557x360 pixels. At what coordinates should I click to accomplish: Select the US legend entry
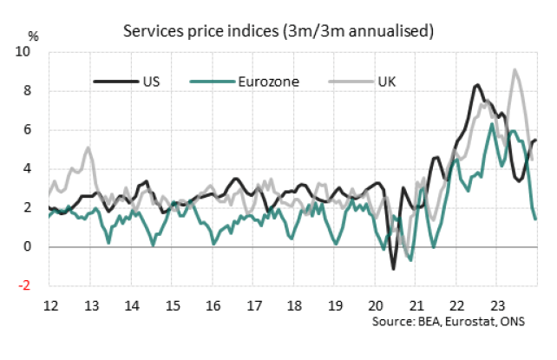coord(149,82)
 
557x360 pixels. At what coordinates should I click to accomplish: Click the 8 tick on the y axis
coord(36,91)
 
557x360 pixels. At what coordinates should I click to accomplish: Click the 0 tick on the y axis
coord(36,246)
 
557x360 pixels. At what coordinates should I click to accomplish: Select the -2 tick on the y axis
coord(34,285)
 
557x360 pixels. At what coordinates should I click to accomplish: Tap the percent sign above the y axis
coord(34,36)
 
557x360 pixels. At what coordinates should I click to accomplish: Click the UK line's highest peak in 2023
coord(515,70)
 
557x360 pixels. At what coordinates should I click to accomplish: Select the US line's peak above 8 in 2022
coord(477,85)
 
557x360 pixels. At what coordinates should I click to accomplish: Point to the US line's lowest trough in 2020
coord(393,269)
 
